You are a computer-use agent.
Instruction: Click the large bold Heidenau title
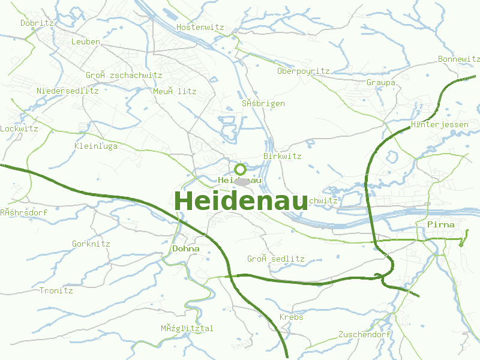(241, 201)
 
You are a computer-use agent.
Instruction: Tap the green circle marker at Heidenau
(240, 169)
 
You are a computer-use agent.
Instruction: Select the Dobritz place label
(37, 23)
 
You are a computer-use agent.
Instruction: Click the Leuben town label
(85, 41)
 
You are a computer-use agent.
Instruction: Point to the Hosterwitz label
(200, 27)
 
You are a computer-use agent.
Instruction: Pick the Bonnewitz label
(459, 59)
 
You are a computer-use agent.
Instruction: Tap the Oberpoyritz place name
(303, 71)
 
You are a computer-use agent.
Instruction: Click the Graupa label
(380, 82)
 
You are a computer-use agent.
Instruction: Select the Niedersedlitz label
(67, 91)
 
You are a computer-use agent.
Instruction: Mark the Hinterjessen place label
(440, 124)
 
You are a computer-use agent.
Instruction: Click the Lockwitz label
(19, 128)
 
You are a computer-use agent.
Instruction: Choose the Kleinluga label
(95, 146)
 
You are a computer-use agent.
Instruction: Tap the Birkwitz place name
(282, 156)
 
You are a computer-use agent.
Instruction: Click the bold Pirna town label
(440, 224)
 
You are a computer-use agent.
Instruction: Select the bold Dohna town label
(185, 248)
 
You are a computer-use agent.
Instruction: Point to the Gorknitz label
(91, 244)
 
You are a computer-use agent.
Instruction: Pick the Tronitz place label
(56, 290)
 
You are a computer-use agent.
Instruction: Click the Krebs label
(291, 317)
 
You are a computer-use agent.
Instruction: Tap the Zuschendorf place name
(364, 334)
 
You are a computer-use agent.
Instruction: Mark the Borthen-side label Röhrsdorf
(23, 212)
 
